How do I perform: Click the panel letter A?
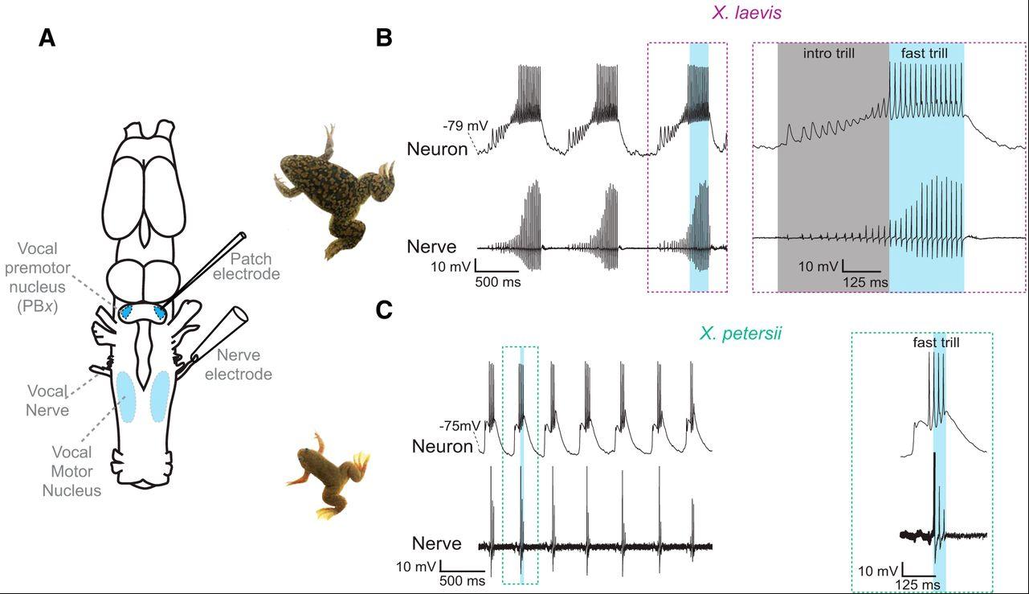tap(47, 38)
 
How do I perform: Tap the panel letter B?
tap(384, 38)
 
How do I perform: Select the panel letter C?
tap(384, 311)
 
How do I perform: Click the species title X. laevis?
tap(747, 13)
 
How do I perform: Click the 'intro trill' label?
tap(829, 54)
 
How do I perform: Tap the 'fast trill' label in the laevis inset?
tap(924, 54)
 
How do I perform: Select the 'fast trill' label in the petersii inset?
tap(936, 342)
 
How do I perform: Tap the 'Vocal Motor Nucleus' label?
tap(71, 471)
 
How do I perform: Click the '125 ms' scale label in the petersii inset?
tap(917, 585)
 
